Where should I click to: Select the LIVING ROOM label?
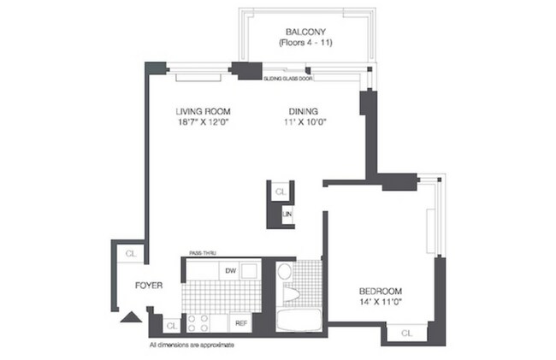[204, 112]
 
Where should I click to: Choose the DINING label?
[304, 112]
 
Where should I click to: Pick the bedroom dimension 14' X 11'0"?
[381, 302]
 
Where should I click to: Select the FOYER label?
[148, 286]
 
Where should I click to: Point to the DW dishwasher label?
[230, 272]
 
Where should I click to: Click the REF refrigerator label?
[241, 324]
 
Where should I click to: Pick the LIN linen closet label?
[288, 214]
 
